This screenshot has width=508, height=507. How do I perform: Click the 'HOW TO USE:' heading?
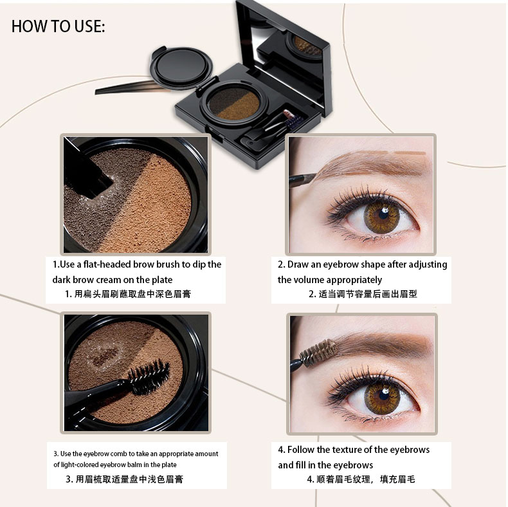pos(59,26)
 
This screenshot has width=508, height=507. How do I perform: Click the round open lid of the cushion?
pos(180,68)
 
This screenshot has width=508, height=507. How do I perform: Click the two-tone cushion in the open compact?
pos(234,103)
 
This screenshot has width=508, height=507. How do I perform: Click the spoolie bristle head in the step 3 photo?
pos(149,376)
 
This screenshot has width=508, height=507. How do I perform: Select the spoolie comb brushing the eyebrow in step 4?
pos(316,355)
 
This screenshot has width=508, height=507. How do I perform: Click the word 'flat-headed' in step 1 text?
pos(107,264)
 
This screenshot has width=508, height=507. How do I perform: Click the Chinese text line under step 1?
pos(128,294)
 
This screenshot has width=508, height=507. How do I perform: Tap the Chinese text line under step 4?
pos(361,479)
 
